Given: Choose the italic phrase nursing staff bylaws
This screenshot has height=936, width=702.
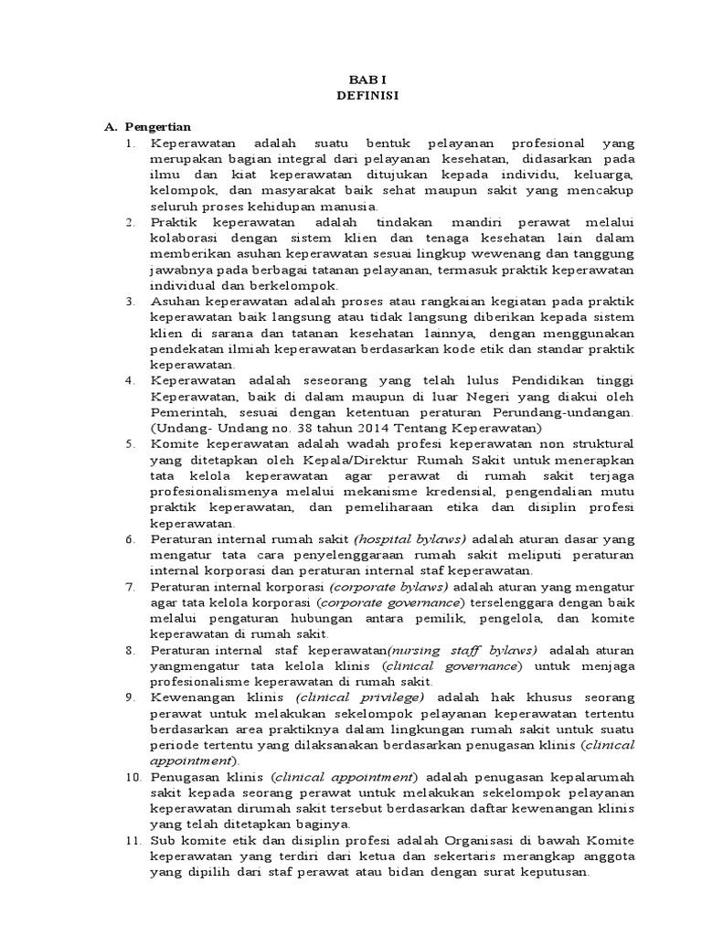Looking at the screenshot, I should (x=464, y=650).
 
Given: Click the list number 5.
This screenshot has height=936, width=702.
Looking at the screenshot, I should (x=131, y=444).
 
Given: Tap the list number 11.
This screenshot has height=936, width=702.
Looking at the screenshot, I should (x=133, y=840).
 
